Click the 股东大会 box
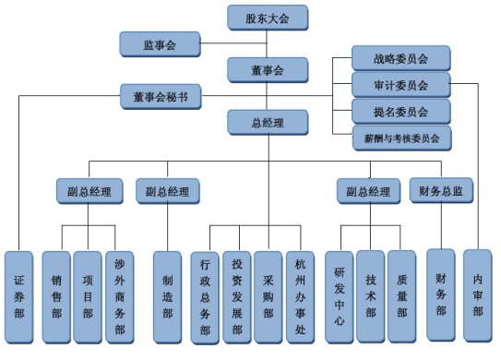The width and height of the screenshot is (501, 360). (x=268, y=17)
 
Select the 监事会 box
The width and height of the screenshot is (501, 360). (x=160, y=42)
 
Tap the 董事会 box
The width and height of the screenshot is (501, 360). (x=268, y=69)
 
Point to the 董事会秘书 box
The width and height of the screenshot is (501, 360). (x=160, y=95)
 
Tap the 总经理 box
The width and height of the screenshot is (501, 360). (x=268, y=122)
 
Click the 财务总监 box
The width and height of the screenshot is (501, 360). (x=442, y=191)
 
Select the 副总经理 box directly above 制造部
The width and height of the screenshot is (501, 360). (x=167, y=192)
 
